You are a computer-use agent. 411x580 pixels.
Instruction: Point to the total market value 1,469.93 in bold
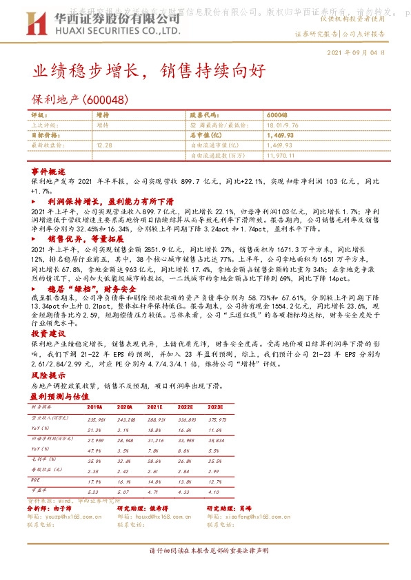click(x=279, y=136)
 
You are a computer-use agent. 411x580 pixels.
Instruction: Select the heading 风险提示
click(x=48, y=375)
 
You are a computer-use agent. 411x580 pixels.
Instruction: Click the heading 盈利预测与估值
click(x=60, y=397)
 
